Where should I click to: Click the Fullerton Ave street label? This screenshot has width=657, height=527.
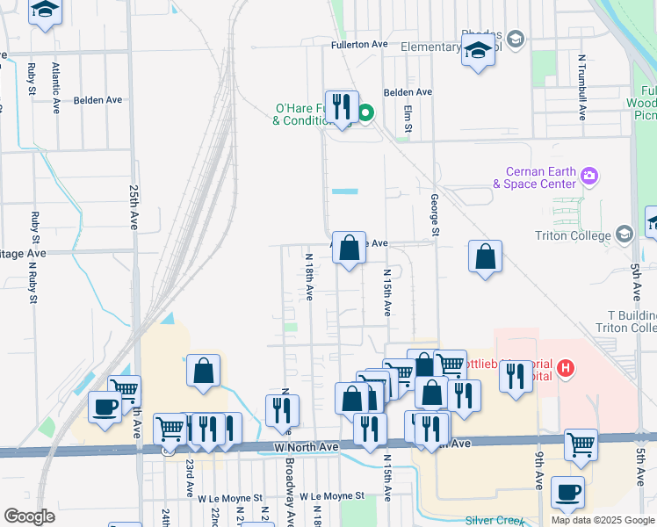359,44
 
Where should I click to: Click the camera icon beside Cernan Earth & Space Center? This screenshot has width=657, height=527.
589,176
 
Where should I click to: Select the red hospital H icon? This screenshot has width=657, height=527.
566,368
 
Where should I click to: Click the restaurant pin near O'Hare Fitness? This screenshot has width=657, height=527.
343,108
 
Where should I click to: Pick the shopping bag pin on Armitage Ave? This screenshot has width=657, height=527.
350,249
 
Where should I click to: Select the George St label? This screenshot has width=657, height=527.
434,215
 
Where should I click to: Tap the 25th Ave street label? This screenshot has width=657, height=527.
134,201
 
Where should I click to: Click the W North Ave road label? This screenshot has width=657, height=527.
306,447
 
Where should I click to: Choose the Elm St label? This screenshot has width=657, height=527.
408,120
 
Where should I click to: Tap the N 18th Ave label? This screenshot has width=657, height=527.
309,277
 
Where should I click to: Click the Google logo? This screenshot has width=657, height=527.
29,516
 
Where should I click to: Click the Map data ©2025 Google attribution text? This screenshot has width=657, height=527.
602,520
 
